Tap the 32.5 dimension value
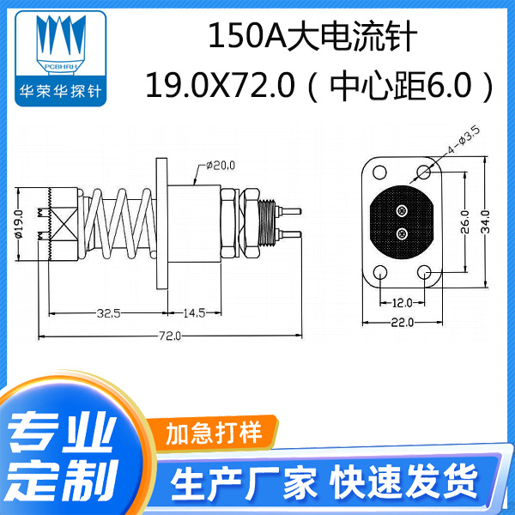click(x=108, y=312)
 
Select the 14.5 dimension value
click(x=192, y=312)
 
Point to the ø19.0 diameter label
click(x=18, y=223)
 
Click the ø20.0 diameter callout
click(x=221, y=164)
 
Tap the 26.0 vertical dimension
click(x=464, y=222)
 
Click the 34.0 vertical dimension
click(x=486, y=222)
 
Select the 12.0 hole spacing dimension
click(x=403, y=301)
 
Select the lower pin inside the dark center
click(x=402, y=233)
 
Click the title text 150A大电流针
click(x=312, y=39)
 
